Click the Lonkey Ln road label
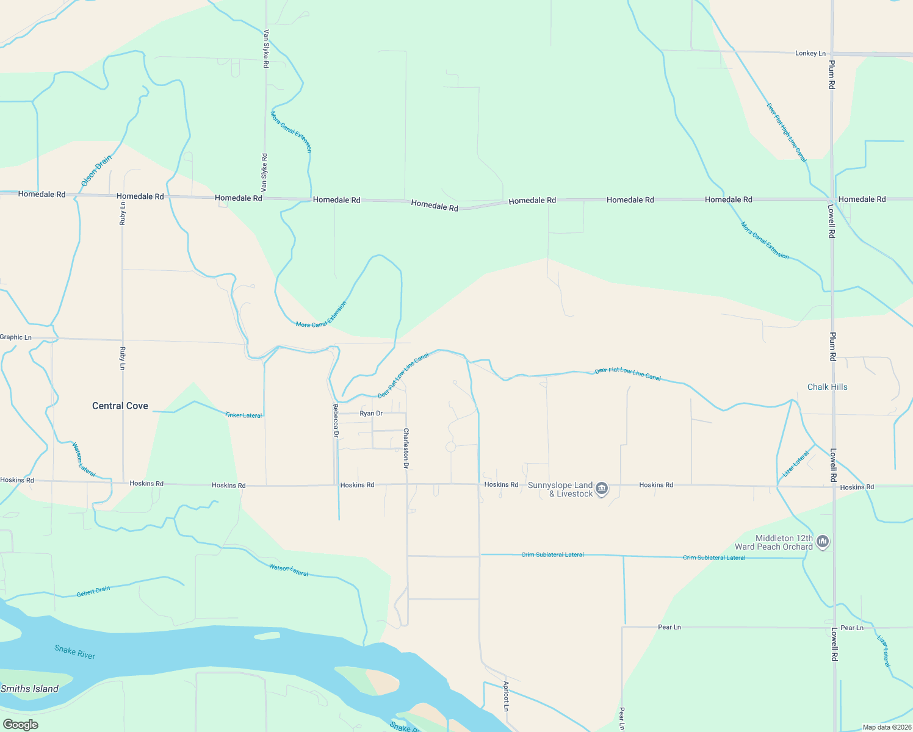[x=810, y=54]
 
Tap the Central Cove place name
[x=120, y=406]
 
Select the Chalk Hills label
[x=827, y=387]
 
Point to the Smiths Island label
[x=29, y=689]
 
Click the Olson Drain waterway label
[x=97, y=171]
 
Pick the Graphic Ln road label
[x=16, y=337]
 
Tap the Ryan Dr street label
[x=371, y=414]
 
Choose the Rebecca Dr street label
[x=335, y=420]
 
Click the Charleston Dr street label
[x=406, y=448]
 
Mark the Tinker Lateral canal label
[x=244, y=415]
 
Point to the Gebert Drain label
[x=93, y=591]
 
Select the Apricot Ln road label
[x=506, y=696]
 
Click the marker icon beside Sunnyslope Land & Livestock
[x=602, y=489]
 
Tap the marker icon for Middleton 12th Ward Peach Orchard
[x=823, y=541]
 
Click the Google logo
[x=21, y=725]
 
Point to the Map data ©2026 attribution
[x=886, y=727]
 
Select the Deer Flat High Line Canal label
[x=787, y=132]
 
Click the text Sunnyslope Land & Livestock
[x=561, y=489]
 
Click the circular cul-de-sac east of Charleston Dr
[x=451, y=447]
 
